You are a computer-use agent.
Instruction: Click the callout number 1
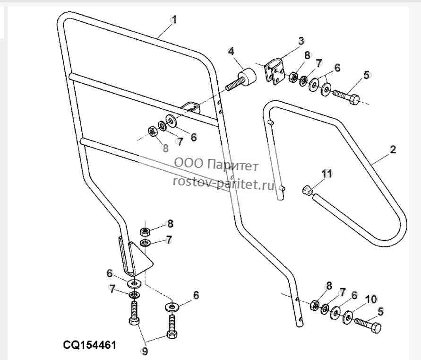coord(174,20)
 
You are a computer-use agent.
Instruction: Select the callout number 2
coord(393,149)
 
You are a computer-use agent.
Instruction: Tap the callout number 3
coord(301,41)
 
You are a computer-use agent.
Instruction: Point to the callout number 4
coord(231,51)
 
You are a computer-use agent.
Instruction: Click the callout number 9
coord(145,351)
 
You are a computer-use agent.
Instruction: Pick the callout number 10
coord(371,299)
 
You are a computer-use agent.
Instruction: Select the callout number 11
coord(326,174)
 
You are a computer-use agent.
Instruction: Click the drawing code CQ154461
coord(90,345)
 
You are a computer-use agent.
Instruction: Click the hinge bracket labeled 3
coord(275,71)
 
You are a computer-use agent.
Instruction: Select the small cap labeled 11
coord(307,190)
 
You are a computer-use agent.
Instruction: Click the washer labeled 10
coord(348,317)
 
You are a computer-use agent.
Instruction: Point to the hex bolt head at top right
coord(354,99)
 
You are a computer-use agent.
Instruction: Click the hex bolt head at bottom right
coord(375,328)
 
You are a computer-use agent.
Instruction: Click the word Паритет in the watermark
coord(233,165)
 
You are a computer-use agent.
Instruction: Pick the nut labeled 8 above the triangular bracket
coord(145,231)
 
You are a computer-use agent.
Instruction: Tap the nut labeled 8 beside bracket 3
coord(293,77)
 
